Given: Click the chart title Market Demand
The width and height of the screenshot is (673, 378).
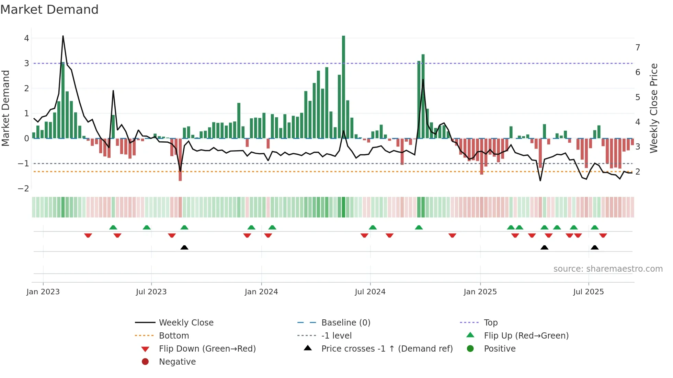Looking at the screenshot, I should click(49, 10).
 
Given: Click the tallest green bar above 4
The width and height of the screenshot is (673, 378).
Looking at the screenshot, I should click(343, 86).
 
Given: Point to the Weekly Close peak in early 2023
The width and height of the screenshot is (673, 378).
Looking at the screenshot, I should click(63, 36).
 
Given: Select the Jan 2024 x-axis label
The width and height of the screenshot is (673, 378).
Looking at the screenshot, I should click(261, 292).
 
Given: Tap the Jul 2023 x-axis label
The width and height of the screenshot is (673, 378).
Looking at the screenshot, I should click(151, 292).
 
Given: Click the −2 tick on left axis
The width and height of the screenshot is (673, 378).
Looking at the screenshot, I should click(23, 188).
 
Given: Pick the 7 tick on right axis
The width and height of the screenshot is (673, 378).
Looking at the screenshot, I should click(638, 47).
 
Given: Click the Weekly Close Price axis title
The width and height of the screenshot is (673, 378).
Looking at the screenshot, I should click(654, 108).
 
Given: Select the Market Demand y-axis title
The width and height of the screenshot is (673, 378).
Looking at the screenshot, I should click(6, 108).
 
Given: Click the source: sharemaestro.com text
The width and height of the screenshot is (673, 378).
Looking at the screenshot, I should click(608, 269).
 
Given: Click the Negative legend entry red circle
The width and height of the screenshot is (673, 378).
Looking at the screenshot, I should click(145, 362).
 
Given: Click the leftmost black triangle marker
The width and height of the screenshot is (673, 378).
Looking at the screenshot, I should click(184, 247).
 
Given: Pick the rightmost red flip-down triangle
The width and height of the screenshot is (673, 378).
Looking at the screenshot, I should click(603, 235).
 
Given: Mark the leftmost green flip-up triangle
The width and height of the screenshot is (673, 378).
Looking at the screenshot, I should click(113, 227).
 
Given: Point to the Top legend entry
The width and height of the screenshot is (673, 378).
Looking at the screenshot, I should click(490, 323).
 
